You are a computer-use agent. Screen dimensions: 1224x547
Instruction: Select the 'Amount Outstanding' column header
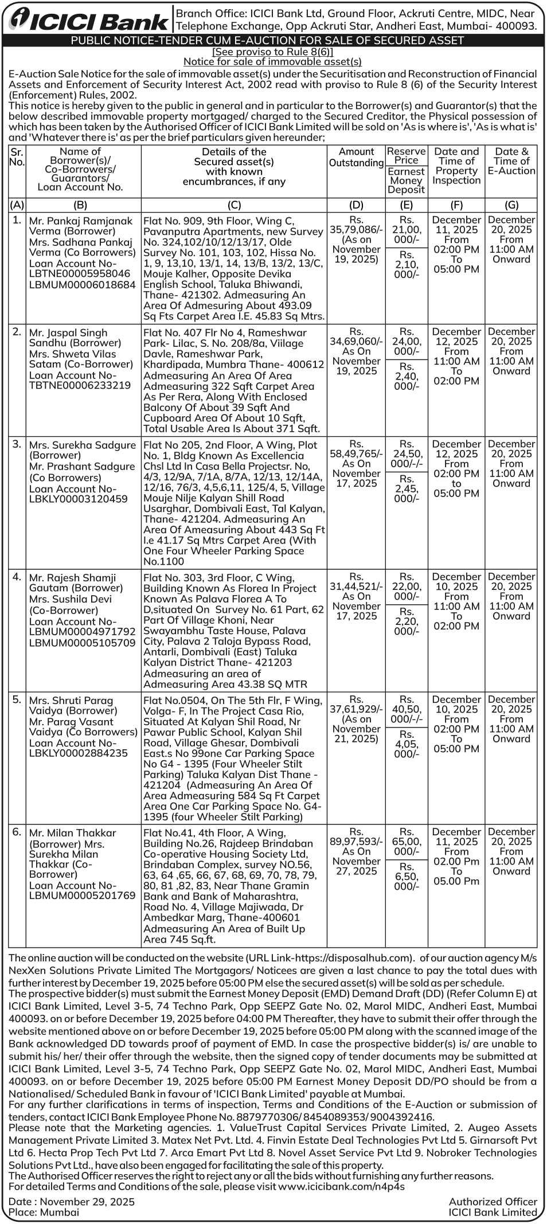pos(356,157)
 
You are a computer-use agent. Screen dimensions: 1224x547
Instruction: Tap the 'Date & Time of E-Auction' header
pos(511,161)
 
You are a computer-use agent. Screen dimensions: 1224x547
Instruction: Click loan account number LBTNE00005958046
pos(80,274)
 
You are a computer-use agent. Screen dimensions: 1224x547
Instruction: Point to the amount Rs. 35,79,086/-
pos(356,229)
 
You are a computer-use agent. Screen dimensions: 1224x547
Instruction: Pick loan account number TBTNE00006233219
pos(80,385)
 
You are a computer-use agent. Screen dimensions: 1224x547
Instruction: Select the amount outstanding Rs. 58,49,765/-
pos(356,453)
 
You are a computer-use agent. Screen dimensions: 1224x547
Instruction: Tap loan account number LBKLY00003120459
pos(79,499)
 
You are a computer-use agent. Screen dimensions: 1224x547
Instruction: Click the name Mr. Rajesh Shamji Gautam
pos(72,582)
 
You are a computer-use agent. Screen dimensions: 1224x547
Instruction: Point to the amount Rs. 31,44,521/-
pos(356,586)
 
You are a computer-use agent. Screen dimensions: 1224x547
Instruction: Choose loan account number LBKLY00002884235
pos(79,753)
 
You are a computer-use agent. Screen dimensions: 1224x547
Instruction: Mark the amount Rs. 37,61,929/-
pos(356,709)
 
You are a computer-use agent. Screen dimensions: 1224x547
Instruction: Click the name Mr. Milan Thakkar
pos(73,832)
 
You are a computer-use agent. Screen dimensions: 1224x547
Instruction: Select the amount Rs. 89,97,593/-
pos(356,842)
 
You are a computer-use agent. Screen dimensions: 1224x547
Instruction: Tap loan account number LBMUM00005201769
pos(82,895)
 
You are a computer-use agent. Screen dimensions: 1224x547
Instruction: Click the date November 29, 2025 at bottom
pos(87,1201)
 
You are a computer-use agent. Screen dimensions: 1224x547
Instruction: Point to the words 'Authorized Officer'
pos(493,1201)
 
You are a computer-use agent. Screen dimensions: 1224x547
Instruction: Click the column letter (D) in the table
pos(356,205)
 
